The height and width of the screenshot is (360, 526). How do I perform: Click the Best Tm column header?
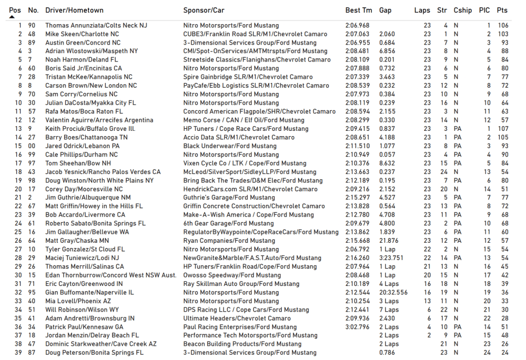coord(358,10)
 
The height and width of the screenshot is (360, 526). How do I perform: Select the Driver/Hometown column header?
coord(74,10)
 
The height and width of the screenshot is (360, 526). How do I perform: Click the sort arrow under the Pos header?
coord(12,17)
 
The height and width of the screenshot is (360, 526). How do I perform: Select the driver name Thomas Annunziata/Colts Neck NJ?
coord(96,26)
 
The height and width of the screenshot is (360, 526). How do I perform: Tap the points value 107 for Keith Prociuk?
coord(503,129)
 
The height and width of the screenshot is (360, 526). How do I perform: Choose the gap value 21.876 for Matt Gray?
coord(389,241)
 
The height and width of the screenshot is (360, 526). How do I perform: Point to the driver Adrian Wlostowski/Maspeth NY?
coord(92,52)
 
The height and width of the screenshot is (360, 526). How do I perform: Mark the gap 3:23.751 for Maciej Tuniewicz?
coord(391,258)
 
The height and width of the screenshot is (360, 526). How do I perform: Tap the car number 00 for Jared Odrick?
coord(32,146)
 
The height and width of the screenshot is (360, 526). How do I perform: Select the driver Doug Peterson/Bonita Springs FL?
coord(94,353)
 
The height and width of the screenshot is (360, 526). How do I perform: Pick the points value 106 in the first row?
coord(503,26)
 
